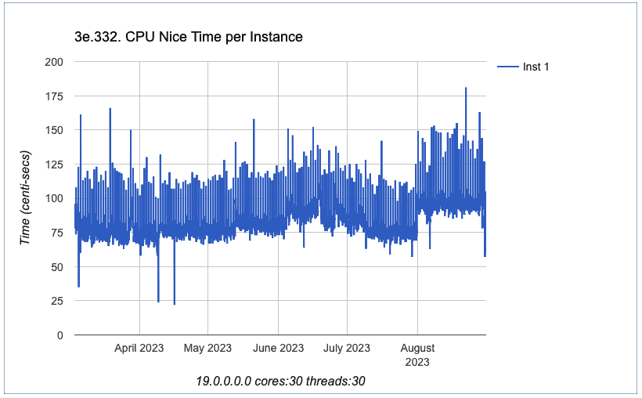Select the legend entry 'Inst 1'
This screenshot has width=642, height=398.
[x=536, y=67]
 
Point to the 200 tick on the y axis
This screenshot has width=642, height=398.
[x=55, y=61]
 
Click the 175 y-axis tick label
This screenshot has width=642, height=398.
[x=55, y=96]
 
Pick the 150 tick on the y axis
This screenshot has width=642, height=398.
[x=55, y=130]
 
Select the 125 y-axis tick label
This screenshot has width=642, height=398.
[x=55, y=164]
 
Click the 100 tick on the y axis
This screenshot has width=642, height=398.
[x=55, y=198]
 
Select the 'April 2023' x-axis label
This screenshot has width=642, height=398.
[x=139, y=348]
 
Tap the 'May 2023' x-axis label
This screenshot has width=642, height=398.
[x=207, y=348]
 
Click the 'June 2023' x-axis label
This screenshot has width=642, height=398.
[x=278, y=348]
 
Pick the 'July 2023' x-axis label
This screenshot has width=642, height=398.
[x=347, y=348]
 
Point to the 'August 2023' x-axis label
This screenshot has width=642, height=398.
[x=417, y=354]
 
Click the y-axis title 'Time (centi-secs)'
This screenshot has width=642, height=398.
[x=26, y=197]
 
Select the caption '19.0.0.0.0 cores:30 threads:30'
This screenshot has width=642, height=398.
[x=281, y=381]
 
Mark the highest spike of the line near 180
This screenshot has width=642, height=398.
[x=466, y=89]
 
